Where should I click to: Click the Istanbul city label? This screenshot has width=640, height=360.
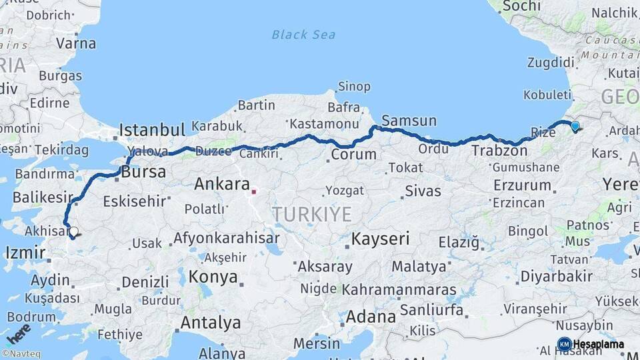pos(151,129)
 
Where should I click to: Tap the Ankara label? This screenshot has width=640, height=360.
pos(221,184)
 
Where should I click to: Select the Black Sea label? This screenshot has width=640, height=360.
pos(303,35)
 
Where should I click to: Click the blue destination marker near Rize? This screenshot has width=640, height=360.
pos(575,125)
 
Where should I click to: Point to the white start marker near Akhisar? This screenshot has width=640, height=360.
pos(73,232)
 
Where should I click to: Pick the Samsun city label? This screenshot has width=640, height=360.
pos(409,121)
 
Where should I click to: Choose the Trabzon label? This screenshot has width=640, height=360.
pos(499,151)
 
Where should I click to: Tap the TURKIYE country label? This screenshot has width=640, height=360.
pos(311,214)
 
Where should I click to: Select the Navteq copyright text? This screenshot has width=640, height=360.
pos(21,353)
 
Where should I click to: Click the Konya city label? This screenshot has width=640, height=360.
pos(213,276)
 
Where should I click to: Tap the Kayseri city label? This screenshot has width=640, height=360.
pos(380,239)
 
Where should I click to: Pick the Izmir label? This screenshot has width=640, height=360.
pos(25,253)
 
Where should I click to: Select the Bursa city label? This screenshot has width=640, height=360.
pos(143,172)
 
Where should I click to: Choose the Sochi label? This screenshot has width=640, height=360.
pos(521,6)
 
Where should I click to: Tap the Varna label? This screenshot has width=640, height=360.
pos(75,43)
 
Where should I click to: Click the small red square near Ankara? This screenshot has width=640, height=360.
pos(253,192)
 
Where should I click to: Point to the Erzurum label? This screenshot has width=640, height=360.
pos(523,185)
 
